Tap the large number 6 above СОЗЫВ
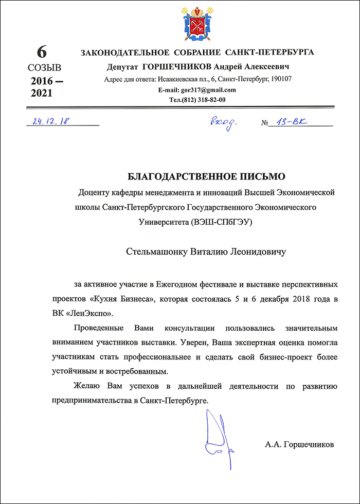[42, 52]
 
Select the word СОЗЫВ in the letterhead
[44, 67]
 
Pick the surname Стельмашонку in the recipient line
[155, 252]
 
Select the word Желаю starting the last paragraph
[88, 386]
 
